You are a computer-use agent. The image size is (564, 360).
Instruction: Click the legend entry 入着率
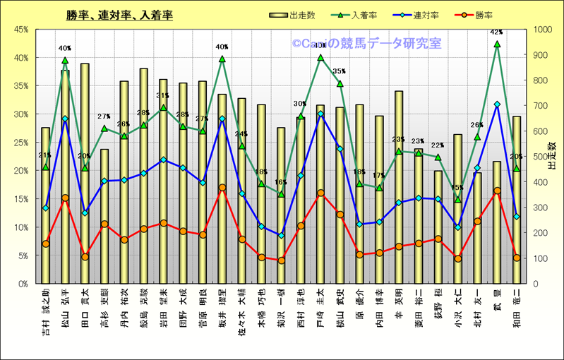(x=367, y=15)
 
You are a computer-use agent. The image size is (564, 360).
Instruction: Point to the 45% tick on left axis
(x=19, y=30)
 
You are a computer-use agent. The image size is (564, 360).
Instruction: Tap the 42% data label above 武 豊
(x=496, y=32)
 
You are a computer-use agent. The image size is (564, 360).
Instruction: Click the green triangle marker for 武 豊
(x=497, y=44)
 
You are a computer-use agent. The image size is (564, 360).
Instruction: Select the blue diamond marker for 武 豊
(x=497, y=104)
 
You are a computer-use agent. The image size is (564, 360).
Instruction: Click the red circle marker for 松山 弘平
(x=65, y=198)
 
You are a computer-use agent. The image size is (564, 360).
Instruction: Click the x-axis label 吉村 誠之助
(x=46, y=311)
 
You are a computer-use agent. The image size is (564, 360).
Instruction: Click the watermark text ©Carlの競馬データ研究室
(x=366, y=44)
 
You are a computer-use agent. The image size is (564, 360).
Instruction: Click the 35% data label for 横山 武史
(x=340, y=72)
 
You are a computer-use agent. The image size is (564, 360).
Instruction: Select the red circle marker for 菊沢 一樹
(x=281, y=260)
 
